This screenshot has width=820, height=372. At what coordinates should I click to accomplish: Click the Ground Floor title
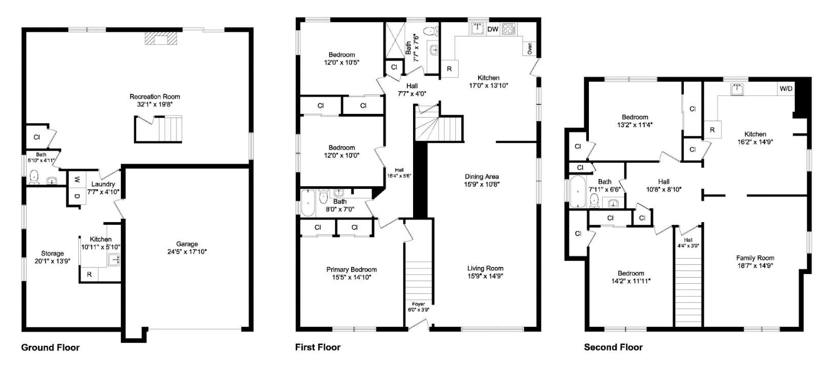coord(50,347)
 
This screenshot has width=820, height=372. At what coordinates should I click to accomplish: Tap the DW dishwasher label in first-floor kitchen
coord(493,29)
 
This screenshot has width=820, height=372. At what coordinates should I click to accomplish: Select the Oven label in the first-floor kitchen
coord(529,49)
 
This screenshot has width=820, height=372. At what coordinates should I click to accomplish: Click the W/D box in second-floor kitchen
coord(786,89)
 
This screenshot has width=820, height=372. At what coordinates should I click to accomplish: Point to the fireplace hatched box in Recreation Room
coord(160,40)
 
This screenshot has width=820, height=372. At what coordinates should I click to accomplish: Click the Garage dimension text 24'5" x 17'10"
coord(187,252)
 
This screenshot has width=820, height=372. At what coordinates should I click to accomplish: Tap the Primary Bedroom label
coord(351,269)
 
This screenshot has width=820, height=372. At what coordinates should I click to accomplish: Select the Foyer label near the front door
coord(418,304)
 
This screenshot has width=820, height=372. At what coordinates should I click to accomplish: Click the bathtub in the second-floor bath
coord(578,192)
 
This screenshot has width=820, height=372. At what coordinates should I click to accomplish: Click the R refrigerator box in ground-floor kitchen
coord(89,275)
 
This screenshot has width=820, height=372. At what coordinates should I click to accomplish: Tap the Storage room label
coord(52,253)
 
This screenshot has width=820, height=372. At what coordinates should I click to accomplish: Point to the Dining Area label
coord(482,177)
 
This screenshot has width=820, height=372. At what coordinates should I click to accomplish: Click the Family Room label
coord(755,258)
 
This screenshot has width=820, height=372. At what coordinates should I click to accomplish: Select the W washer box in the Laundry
coord(76,180)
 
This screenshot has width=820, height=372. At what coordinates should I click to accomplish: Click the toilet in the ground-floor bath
coord(34,177)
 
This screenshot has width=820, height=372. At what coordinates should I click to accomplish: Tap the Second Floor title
coord(613,347)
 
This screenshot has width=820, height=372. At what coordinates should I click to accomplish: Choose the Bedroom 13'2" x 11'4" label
coord(634,117)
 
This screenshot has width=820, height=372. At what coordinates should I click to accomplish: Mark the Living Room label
coord(485,268)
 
